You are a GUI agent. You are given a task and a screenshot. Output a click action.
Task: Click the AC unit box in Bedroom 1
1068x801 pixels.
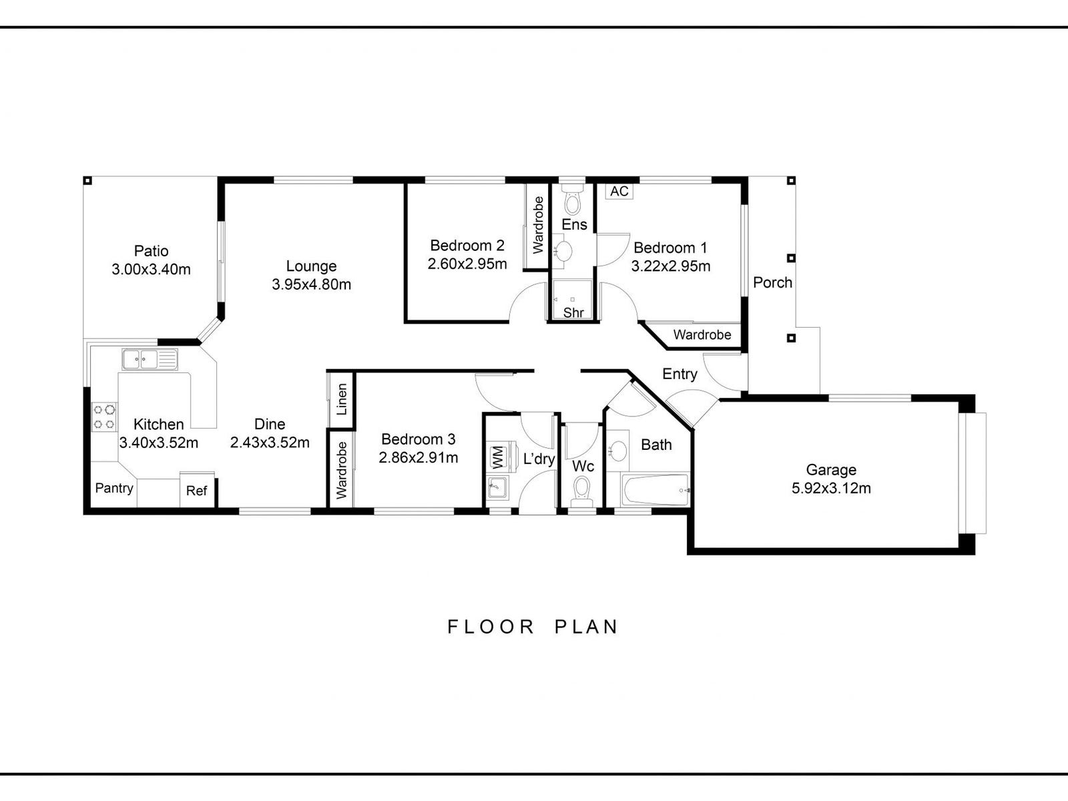click(x=619, y=192)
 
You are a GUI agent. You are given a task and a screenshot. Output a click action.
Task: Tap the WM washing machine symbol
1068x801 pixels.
click(x=497, y=458)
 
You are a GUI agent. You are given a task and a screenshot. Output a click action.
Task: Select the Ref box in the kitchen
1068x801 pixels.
click(x=197, y=491)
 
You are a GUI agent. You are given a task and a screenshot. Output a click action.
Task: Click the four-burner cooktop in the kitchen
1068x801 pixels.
click(x=104, y=416)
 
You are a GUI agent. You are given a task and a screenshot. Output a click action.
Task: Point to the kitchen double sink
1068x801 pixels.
click(x=150, y=360)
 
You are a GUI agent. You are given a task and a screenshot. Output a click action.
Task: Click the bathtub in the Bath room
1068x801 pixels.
click(x=655, y=491)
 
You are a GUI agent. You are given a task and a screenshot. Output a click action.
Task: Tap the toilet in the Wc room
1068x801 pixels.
click(x=583, y=489)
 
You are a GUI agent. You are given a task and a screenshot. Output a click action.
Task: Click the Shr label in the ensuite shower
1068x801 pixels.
click(x=573, y=312)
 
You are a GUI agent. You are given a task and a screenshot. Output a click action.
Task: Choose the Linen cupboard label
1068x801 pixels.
click(x=342, y=399)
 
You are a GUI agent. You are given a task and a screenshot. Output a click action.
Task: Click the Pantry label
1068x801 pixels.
click(x=114, y=488)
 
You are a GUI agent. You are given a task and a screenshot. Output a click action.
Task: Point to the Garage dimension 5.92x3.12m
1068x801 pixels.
click(x=831, y=489)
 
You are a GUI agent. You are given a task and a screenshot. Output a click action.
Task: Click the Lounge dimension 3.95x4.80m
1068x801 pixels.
click(x=311, y=284)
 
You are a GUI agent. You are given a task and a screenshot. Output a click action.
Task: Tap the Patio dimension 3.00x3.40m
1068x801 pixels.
click(x=151, y=270)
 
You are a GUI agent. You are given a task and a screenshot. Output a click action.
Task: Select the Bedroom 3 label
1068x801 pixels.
click(x=418, y=439)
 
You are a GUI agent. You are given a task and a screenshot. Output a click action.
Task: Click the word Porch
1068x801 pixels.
click(x=772, y=282)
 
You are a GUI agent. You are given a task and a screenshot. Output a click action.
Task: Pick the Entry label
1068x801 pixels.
click(x=680, y=374)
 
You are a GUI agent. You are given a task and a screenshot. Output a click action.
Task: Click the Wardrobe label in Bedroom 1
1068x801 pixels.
click(x=702, y=335)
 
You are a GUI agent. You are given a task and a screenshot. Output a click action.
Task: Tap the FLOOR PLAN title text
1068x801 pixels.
click(x=533, y=627)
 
